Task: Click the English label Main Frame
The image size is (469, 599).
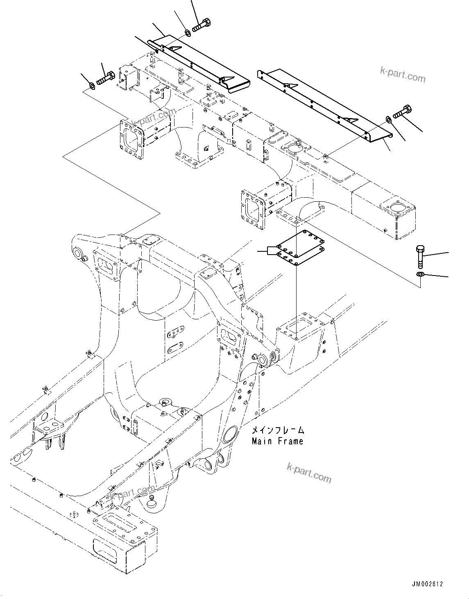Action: [x=277, y=441]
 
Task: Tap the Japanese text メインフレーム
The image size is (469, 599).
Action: [x=277, y=430]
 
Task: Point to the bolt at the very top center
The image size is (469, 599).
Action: [x=201, y=25]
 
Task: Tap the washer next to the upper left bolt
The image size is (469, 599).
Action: [x=92, y=85]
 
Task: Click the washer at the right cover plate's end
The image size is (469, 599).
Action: [x=388, y=119]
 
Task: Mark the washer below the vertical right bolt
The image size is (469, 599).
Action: [x=420, y=274]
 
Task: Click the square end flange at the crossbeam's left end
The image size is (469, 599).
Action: [x=132, y=139]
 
